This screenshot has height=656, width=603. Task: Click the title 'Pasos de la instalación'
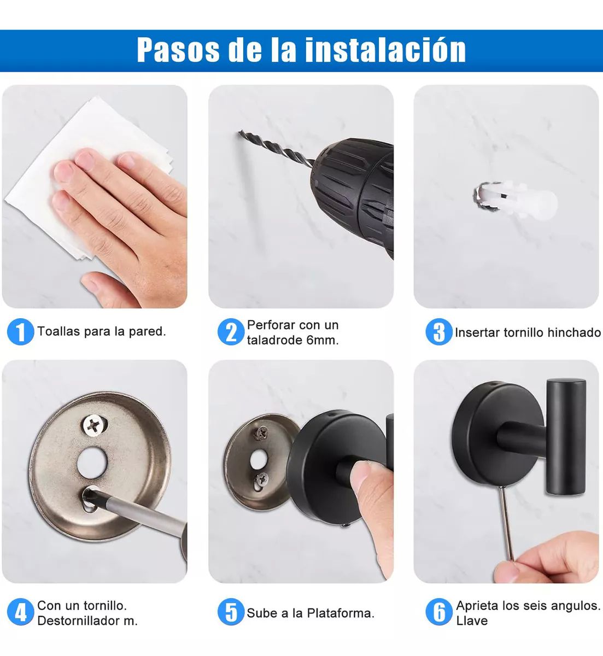(301, 50)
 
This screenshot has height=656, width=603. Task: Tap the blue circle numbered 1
(20, 332)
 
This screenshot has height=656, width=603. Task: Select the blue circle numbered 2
(231, 332)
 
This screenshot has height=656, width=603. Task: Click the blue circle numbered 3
(438, 332)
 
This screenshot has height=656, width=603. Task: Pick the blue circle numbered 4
(20, 613)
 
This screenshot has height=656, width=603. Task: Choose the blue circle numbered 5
(231, 613)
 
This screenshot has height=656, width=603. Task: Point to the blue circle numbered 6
(438, 613)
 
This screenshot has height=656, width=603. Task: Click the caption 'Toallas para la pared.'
(102, 331)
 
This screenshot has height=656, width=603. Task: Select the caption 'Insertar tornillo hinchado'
(528, 332)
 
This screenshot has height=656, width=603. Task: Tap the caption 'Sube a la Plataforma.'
(311, 613)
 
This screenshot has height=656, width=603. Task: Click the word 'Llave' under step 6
(472, 620)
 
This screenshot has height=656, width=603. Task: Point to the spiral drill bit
(273, 145)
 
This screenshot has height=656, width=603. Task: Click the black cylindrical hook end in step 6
(565, 437)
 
